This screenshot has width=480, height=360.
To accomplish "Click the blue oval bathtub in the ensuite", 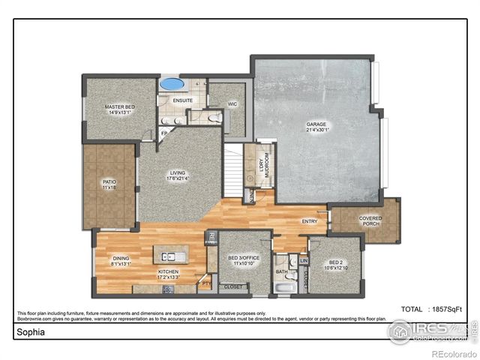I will [x=172, y=83].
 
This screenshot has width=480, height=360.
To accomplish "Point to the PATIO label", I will [x=109, y=183].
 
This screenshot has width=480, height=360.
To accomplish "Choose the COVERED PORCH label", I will [x=370, y=221].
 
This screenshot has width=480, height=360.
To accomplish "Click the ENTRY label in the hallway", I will [x=309, y=221].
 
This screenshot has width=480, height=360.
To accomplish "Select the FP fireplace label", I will [x=164, y=133].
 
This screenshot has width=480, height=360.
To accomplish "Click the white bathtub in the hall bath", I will [x=284, y=287].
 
